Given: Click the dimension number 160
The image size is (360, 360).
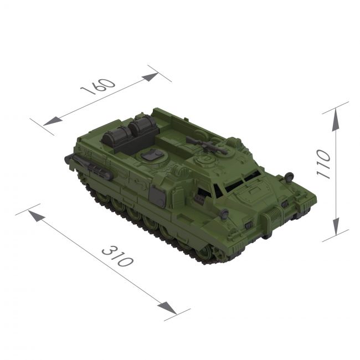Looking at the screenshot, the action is click(x=98, y=86).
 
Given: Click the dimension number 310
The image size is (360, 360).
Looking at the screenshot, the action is click(x=117, y=256).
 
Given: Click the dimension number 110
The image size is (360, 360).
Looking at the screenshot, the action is click(x=323, y=163).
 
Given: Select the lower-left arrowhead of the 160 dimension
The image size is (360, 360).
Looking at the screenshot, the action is click(x=53, y=121).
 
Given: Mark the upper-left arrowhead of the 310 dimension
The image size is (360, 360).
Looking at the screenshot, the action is click(x=37, y=216).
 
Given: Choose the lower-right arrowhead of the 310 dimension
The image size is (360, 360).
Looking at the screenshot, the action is click(x=167, y=308).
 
